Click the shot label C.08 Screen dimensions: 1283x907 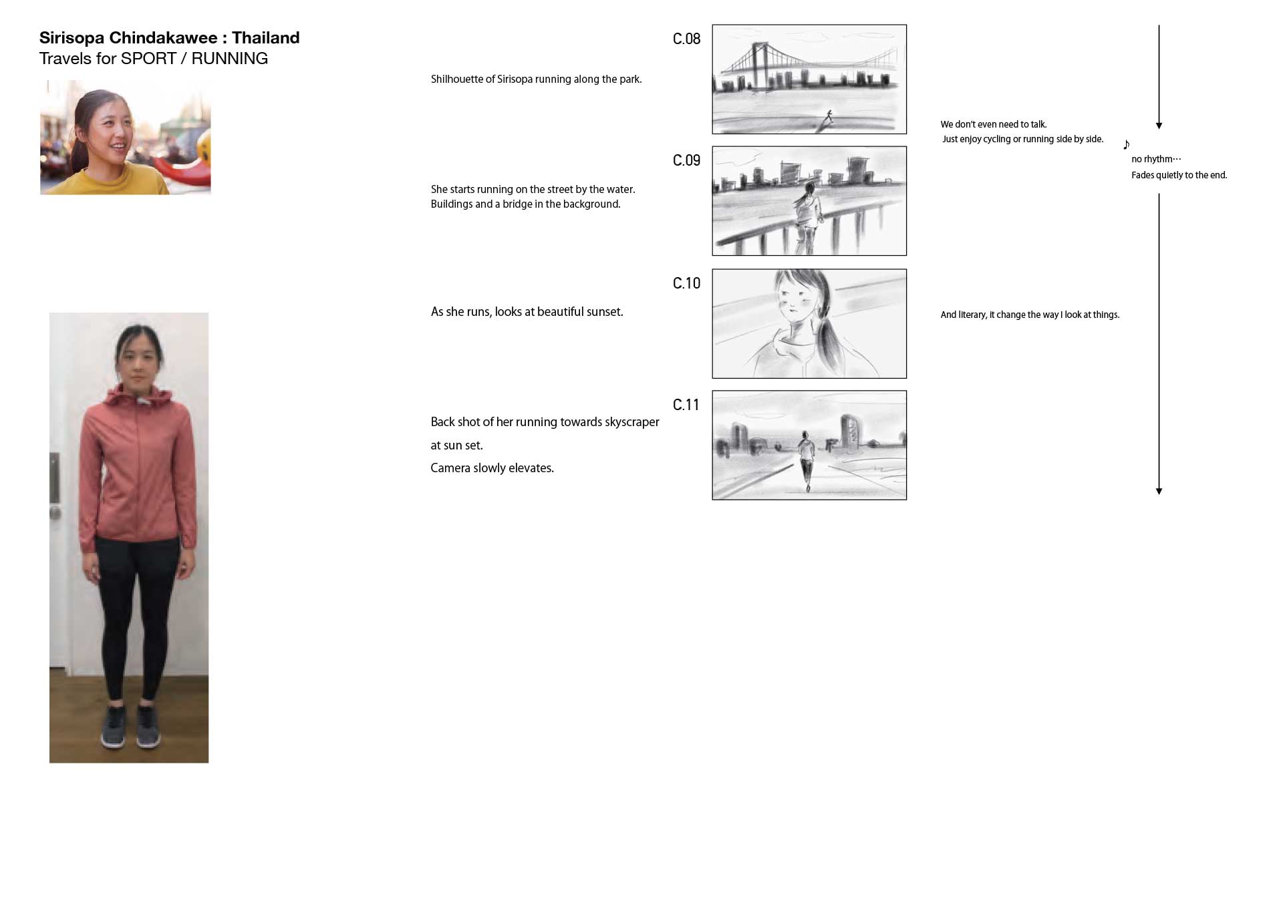[686, 39]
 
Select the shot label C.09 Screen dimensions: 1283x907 [686, 161]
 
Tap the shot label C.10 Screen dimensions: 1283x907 [686, 284]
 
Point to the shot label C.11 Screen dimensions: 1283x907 [686, 405]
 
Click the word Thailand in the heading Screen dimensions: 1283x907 [266, 38]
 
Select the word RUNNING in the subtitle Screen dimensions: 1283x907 [229, 59]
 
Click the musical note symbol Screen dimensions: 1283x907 [1126, 144]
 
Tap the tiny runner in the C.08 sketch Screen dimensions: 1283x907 [829, 116]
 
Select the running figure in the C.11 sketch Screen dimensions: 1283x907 [807, 461]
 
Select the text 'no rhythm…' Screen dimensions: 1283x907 [1156, 159]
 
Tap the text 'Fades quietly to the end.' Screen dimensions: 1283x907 [1179, 175]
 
